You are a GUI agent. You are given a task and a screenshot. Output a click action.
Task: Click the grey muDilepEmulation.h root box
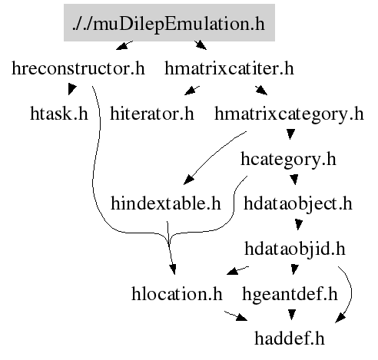169,22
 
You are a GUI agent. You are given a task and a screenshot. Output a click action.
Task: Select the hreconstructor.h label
78,68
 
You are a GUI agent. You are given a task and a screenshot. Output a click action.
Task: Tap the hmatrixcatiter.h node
229,68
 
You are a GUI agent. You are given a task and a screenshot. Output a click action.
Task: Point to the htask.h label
59,114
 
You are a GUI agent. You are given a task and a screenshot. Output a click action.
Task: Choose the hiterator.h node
152,114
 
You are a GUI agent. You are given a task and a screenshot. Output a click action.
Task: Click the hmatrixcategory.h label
289,114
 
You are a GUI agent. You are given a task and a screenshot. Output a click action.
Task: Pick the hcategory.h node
288,160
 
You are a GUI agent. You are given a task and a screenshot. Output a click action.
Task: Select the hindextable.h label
166,203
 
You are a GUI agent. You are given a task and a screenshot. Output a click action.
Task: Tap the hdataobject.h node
298,204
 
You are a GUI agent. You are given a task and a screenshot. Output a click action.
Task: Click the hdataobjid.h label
295,249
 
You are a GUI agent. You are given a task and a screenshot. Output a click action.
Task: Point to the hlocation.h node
177,294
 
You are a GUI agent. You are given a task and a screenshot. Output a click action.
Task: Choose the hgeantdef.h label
290,295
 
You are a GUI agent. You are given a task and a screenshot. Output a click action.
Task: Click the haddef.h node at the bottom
290,339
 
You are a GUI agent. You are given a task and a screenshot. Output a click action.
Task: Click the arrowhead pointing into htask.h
71,89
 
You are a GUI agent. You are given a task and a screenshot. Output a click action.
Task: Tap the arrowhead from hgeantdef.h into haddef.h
292,315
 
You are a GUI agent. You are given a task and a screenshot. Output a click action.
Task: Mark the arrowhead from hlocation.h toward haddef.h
242,318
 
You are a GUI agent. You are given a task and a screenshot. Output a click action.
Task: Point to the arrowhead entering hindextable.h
188,180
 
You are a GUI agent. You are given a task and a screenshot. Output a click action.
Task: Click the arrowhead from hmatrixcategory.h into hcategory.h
290,134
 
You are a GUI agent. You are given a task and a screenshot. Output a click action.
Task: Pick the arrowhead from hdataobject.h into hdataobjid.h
298,225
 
